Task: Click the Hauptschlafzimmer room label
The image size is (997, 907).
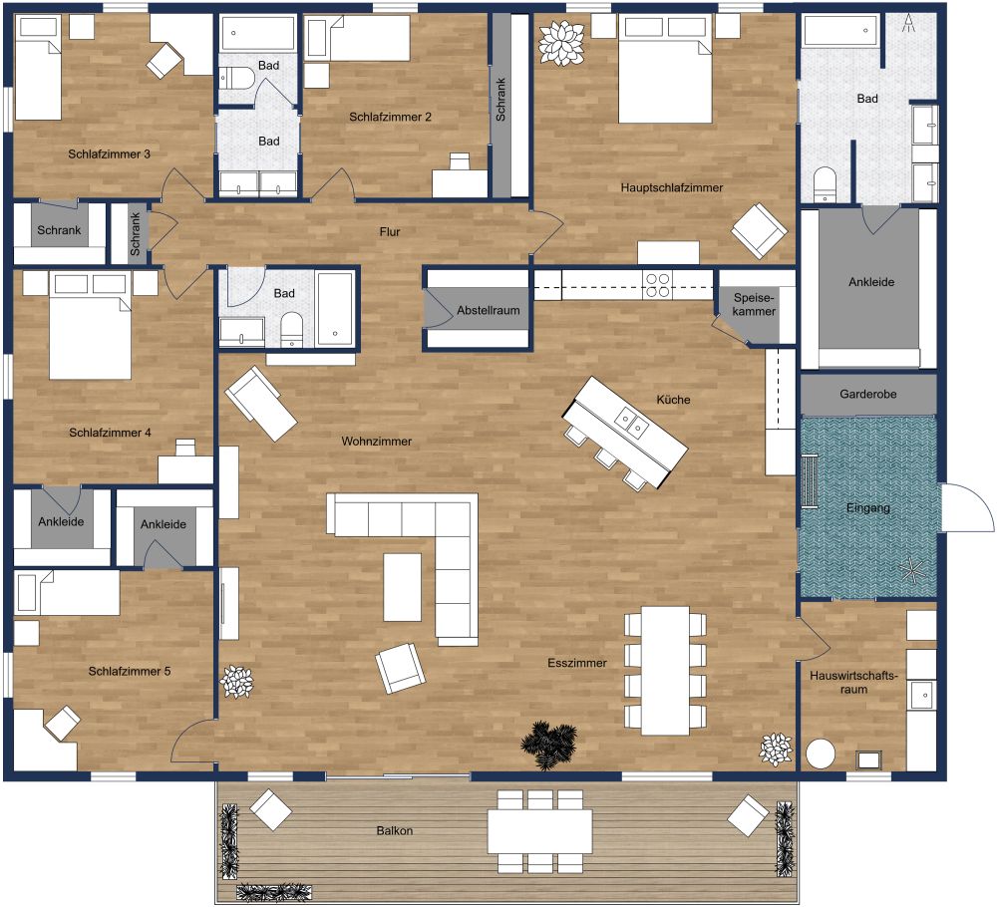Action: tap(671, 187)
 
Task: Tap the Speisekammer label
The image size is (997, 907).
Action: tap(754, 305)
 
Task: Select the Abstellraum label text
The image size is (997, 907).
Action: tap(489, 311)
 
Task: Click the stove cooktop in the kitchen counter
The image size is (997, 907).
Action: tap(658, 285)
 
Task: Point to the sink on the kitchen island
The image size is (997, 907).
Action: tap(629, 423)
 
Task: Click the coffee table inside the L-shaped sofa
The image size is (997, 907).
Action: tap(403, 587)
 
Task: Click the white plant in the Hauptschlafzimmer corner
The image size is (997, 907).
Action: tap(561, 41)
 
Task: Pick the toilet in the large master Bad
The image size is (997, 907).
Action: tap(824, 185)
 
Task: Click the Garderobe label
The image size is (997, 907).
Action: tap(867, 395)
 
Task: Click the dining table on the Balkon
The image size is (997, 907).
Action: tap(539, 830)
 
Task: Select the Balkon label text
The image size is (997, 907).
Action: tap(395, 830)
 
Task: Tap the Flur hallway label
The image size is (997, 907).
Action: tap(390, 232)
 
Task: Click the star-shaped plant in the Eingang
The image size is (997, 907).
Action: tap(911, 571)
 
